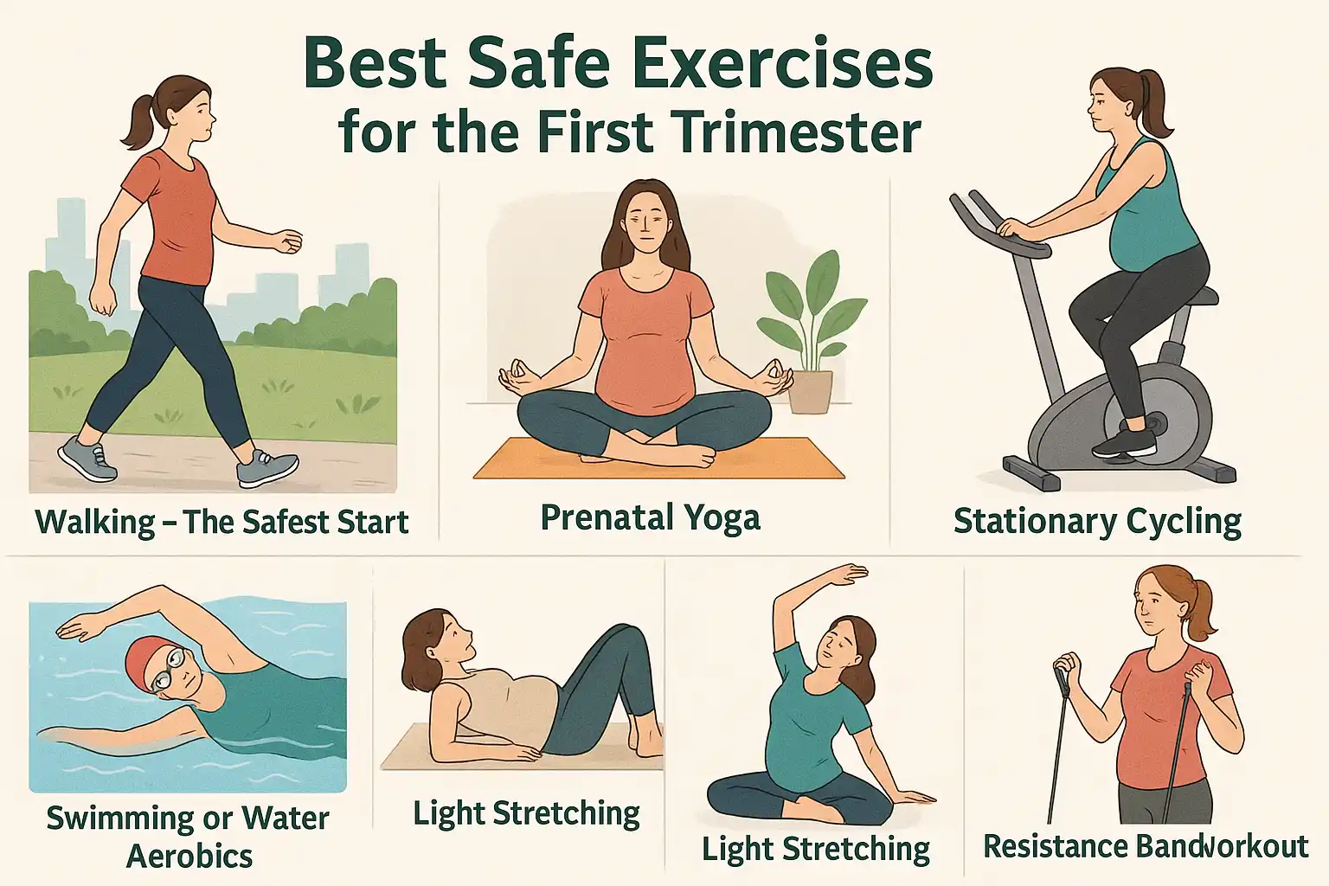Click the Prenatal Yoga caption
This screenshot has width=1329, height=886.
[650, 517]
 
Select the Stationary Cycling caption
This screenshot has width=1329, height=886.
[1097, 522]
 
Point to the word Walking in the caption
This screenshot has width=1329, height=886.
[95, 523]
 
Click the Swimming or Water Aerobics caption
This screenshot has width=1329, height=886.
[188, 836]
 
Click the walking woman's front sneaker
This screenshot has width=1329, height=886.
[266, 468]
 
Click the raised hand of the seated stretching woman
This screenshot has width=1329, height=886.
[846, 573]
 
